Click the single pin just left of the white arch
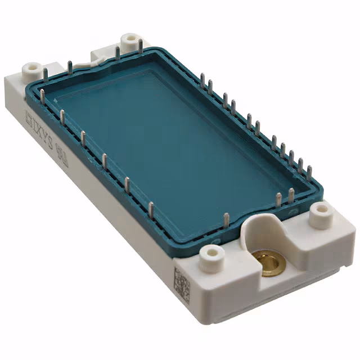coord(226,222)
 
